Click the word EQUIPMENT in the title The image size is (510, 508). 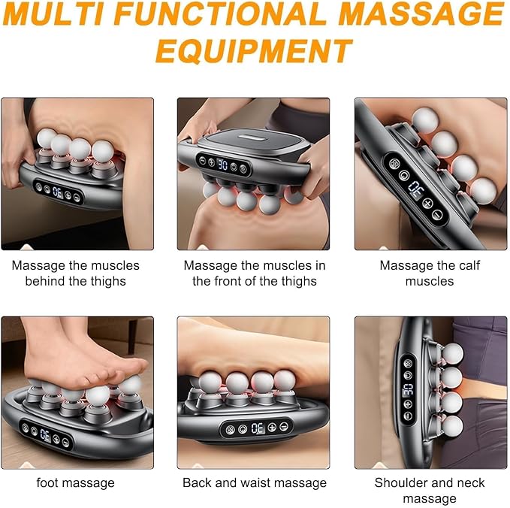coord(254,51)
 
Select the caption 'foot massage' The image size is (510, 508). coord(75,482)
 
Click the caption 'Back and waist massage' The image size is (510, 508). coord(255,482)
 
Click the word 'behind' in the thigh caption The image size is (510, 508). coord(44,281)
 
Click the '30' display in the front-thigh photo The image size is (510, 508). coord(222,165)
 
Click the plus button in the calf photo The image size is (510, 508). coord(427,204)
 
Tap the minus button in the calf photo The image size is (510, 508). coord(437,214)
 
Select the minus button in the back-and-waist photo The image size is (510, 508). coord(284,426)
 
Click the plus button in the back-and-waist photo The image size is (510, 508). coord(272,428)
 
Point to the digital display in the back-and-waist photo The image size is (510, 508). coord(258,428)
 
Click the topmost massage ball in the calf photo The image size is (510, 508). coord(425,120)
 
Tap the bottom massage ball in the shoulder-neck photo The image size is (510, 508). coord(452,425)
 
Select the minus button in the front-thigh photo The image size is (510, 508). coord(202,160)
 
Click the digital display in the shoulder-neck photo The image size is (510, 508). coord(408,389)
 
